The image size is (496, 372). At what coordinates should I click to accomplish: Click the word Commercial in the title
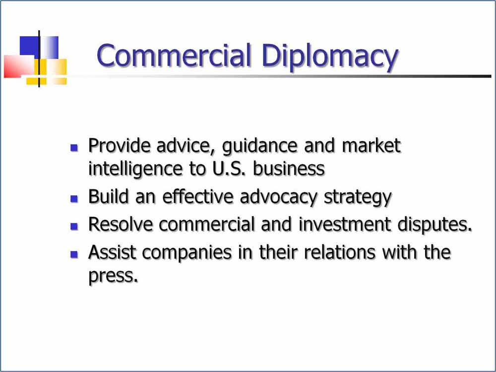174,56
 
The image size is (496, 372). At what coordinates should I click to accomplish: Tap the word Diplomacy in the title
330,58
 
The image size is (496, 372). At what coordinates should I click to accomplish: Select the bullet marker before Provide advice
74,147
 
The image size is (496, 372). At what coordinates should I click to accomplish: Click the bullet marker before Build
74,199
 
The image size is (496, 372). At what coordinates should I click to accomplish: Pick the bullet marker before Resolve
74,226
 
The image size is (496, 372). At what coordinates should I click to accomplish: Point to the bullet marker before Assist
74,254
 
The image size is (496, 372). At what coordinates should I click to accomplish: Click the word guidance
260,147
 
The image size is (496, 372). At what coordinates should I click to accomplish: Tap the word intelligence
135,169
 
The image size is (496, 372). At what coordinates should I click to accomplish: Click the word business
289,168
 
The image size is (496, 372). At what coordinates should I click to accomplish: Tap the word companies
187,253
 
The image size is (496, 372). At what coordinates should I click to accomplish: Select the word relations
340,252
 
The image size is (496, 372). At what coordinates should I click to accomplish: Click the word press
113,276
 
